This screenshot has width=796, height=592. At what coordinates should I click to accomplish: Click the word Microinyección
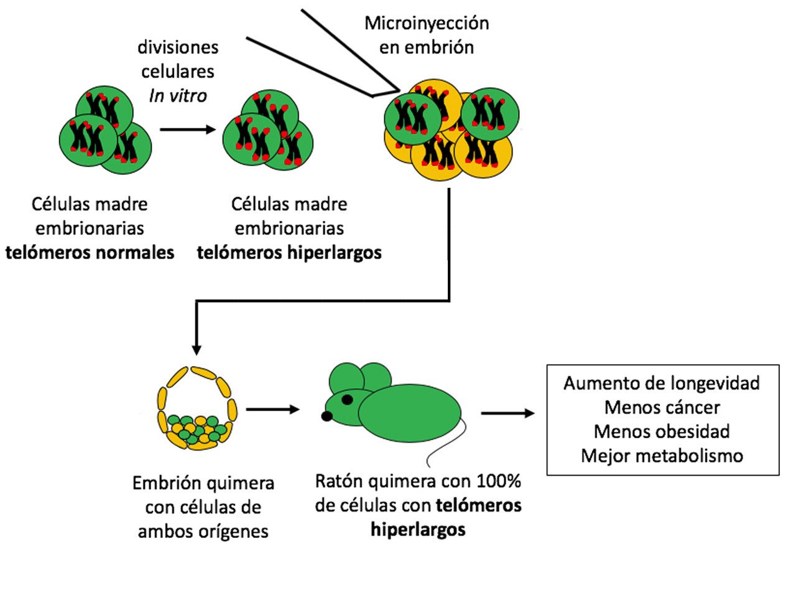[x=427, y=24]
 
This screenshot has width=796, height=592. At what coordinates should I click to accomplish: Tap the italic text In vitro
[x=178, y=95]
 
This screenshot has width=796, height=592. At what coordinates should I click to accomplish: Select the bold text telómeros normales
[x=90, y=253]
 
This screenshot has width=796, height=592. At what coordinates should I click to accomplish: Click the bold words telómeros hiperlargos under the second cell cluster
[x=289, y=253]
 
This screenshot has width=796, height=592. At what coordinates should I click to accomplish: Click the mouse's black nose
[x=326, y=416]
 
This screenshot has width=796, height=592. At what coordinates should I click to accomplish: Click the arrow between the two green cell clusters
[x=187, y=130]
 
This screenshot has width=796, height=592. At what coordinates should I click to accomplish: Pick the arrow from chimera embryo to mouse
[x=272, y=410]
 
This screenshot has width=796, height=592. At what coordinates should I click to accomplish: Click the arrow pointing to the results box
[x=507, y=413]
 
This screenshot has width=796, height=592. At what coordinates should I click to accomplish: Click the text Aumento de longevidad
[x=662, y=383]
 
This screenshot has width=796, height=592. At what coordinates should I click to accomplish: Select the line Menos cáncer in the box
[x=662, y=407]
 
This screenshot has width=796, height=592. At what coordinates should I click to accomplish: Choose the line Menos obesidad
[x=662, y=431]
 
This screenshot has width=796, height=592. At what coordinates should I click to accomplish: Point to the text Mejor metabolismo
[x=662, y=456]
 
